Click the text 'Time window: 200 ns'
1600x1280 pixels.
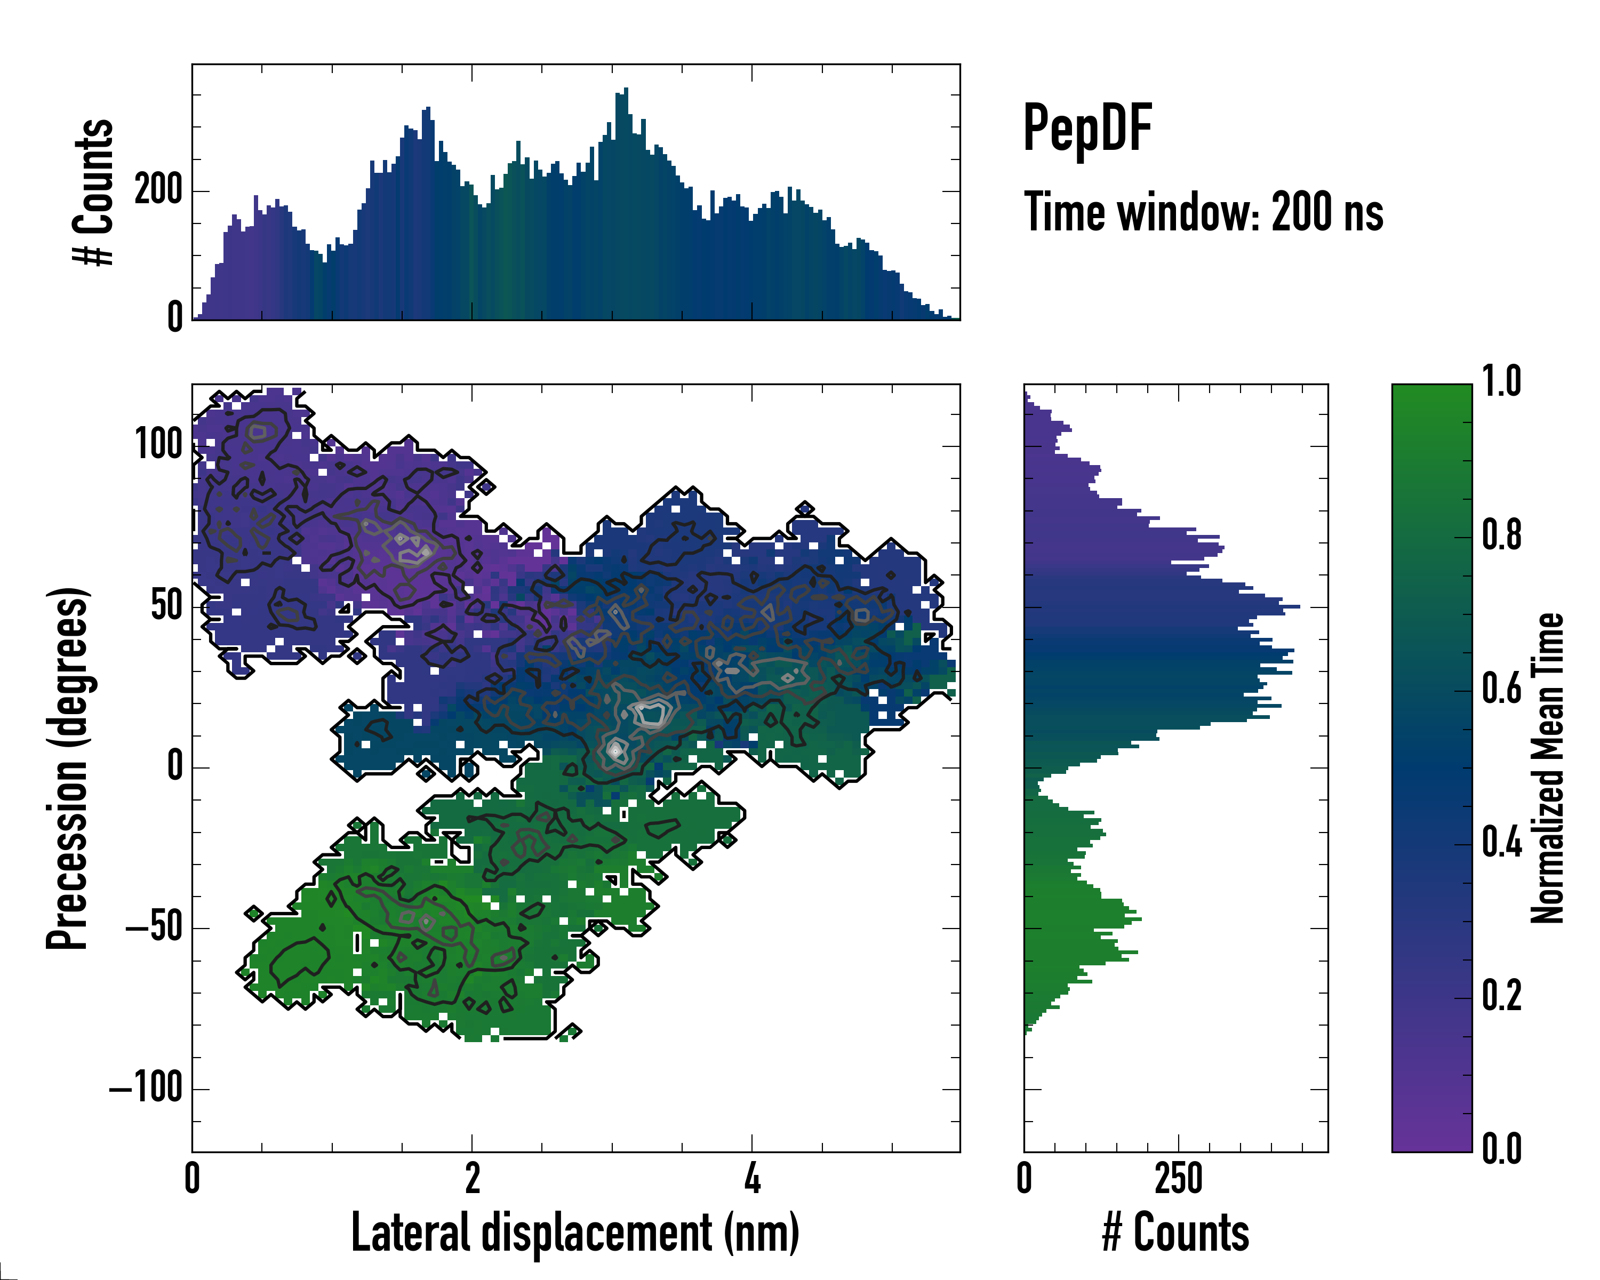click(x=1203, y=212)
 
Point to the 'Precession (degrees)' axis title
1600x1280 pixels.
click(x=68, y=768)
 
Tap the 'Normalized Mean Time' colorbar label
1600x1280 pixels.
click(x=1547, y=768)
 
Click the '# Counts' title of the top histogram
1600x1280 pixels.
click(x=93, y=192)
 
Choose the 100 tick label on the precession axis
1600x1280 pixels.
click(x=158, y=445)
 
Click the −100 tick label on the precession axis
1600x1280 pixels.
click(x=146, y=1089)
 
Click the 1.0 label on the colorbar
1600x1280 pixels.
click(x=1501, y=382)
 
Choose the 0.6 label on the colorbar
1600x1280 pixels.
click(x=1501, y=689)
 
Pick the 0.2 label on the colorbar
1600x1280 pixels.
click(x=1501, y=996)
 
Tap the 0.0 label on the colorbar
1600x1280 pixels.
click(x=1501, y=1149)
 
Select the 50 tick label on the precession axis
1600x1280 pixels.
click(x=166, y=606)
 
